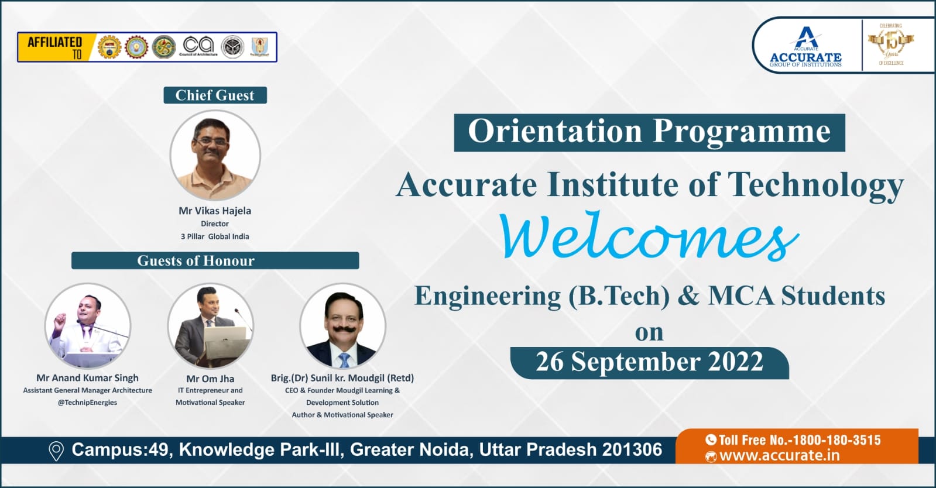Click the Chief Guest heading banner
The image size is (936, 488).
point(215,95)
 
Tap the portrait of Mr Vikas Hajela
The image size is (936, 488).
point(215,156)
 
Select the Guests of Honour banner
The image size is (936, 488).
point(215,260)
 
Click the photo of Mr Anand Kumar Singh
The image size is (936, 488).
point(88,326)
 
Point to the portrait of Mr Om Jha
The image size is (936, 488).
point(210,326)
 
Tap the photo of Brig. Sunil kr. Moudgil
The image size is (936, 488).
point(342,326)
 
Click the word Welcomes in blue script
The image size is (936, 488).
point(649,237)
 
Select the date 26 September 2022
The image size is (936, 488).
point(649,362)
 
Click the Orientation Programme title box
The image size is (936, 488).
point(649,132)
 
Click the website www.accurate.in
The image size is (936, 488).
point(779,456)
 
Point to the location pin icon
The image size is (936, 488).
point(56,451)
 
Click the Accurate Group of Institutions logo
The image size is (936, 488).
point(805,46)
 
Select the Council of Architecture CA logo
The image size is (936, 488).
point(198,46)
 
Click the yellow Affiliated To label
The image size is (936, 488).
point(54,47)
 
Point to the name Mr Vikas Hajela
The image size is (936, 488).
point(215,211)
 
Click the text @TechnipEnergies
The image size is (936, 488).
point(87,403)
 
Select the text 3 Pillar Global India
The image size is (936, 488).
point(215,236)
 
